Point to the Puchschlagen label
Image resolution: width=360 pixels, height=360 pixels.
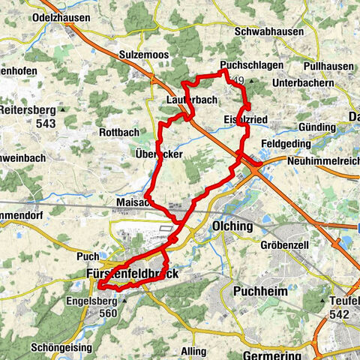point(253,65)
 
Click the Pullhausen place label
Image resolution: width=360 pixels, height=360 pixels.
point(328,66)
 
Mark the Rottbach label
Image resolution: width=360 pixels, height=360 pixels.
point(119,133)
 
